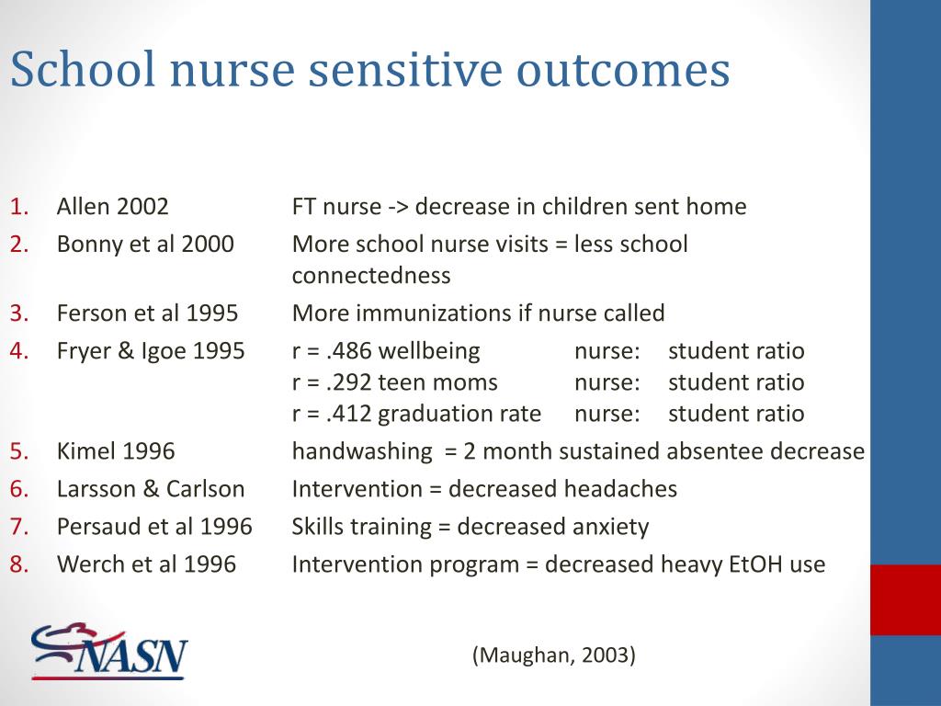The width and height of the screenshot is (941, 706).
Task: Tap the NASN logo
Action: coord(109,651)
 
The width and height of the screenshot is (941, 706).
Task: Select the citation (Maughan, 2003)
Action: coord(554,655)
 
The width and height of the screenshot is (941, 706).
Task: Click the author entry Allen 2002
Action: coord(112,206)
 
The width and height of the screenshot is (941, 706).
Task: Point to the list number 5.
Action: coord(19,451)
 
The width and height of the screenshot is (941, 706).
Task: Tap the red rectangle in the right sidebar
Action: coord(905,599)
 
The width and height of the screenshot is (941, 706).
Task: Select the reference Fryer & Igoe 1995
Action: coord(151,350)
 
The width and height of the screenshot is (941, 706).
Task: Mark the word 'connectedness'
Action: coord(371,275)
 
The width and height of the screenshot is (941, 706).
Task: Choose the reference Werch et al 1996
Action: coord(146,564)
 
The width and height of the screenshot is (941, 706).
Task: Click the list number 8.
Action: coord(19,564)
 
